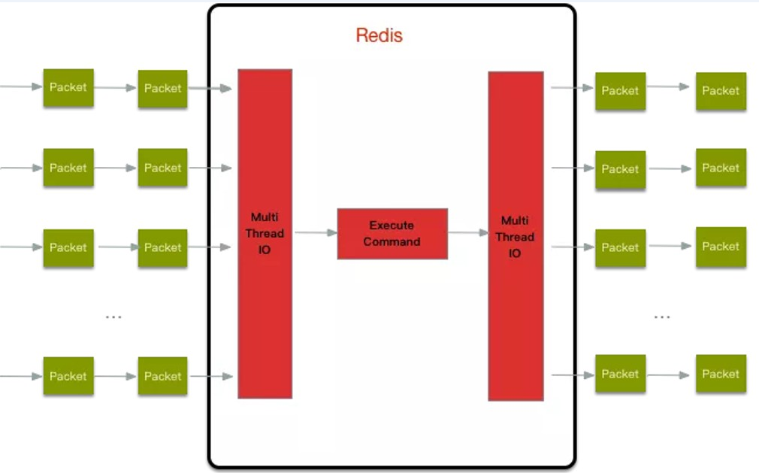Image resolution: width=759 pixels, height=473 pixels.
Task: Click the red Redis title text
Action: click(x=379, y=35)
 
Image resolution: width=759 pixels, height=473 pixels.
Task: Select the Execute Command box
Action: click(x=392, y=233)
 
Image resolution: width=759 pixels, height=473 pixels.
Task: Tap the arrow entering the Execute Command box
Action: click(x=315, y=233)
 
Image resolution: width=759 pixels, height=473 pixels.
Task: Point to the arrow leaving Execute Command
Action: click(x=467, y=233)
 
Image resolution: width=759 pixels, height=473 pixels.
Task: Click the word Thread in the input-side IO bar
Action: click(x=265, y=233)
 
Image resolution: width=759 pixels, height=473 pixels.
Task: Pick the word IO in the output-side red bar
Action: click(x=515, y=253)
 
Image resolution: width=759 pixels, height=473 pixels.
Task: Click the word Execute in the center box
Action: click(x=392, y=225)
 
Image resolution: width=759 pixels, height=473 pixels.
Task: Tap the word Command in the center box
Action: click(x=392, y=241)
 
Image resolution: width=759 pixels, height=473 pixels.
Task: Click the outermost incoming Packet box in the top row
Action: click(x=68, y=87)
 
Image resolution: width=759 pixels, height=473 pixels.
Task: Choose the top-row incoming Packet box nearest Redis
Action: click(x=162, y=88)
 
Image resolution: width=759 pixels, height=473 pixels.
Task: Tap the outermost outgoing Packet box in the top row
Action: click(x=721, y=91)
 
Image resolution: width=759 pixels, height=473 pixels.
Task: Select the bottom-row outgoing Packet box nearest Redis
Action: click(x=620, y=374)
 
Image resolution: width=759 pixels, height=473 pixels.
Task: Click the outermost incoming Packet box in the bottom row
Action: click(x=68, y=376)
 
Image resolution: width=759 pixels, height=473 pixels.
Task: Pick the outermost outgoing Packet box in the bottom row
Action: click(x=721, y=374)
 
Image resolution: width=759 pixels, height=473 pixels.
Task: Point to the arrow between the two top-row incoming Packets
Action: click(x=116, y=88)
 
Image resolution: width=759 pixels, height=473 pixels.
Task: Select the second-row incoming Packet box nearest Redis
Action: click(x=162, y=168)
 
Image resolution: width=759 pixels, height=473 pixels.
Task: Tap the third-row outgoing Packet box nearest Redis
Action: click(x=620, y=247)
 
